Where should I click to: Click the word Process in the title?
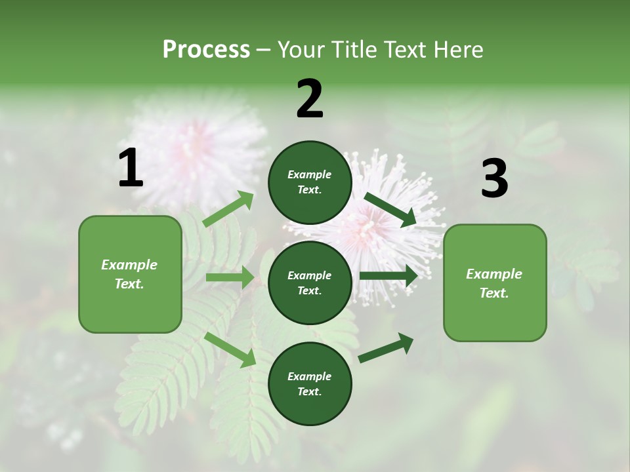206,50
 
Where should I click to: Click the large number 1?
131,168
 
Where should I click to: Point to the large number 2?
310,99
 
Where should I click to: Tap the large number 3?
494,179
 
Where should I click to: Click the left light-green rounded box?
130,274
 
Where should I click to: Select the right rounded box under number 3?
495,283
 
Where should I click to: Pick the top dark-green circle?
310,182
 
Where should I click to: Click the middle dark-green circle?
310,283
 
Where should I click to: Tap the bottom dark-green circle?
310,383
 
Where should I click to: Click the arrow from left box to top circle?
228,209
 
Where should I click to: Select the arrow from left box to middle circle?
230,277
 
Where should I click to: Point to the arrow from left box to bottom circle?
230,349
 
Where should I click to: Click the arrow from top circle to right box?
390,209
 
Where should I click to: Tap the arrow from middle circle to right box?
388,276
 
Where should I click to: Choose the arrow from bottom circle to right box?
386,347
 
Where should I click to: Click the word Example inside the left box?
129,265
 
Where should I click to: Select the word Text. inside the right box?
494,293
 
